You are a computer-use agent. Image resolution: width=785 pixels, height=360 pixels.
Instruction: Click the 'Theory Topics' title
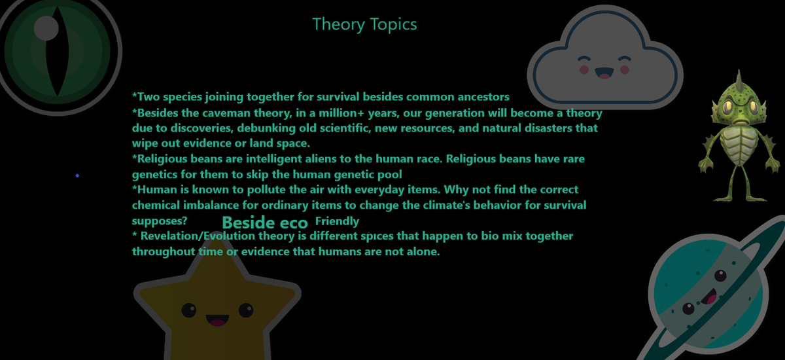[364, 24]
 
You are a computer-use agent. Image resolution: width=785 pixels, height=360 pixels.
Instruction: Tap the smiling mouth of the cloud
[604, 73]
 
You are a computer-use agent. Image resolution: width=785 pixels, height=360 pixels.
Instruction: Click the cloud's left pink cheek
[584, 70]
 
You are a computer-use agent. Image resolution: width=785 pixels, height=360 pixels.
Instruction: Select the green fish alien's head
[739, 101]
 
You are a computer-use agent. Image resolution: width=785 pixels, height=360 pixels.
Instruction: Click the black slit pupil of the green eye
[57, 51]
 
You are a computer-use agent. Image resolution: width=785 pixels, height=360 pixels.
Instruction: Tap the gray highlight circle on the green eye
[46, 28]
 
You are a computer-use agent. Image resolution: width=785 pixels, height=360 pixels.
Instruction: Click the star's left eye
[189, 310]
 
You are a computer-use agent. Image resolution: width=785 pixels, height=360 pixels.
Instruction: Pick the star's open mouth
[217, 320]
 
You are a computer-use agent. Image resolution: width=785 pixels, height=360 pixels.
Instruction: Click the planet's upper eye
[720, 276]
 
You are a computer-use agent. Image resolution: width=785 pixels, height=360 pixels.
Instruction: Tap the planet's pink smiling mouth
[712, 297]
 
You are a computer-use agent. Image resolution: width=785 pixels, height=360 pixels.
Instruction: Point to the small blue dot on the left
[77, 175]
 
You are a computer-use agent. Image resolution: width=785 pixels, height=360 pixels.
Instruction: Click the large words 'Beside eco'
[265, 223]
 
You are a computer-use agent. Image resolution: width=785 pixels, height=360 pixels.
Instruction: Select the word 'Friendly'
[337, 221]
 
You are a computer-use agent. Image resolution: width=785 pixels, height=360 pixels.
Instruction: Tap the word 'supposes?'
[160, 221]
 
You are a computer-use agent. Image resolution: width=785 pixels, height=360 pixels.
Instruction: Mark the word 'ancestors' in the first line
[483, 97]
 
